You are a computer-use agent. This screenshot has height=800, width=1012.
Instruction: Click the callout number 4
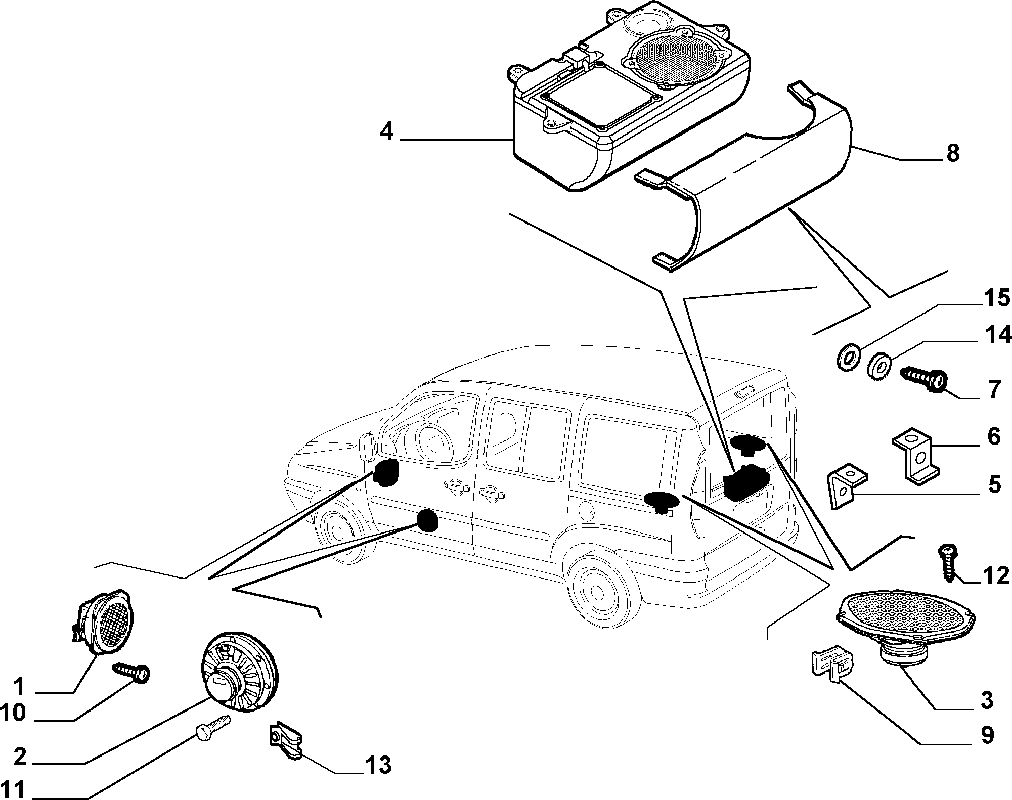coord(386,132)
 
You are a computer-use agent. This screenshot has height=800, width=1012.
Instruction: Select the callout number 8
coord(952,153)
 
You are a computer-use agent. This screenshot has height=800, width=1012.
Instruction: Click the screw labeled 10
coord(133,672)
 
